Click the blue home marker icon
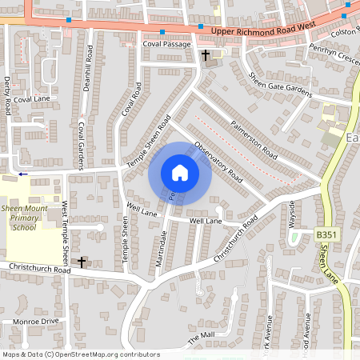(x=180, y=173)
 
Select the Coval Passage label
(x=166, y=44)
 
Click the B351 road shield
(x=325, y=234)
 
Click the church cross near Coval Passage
(x=206, y=55)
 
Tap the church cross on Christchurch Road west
(x=82, y=262)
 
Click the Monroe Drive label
(x=36, y=321)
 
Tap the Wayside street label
(x=292, y=214)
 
